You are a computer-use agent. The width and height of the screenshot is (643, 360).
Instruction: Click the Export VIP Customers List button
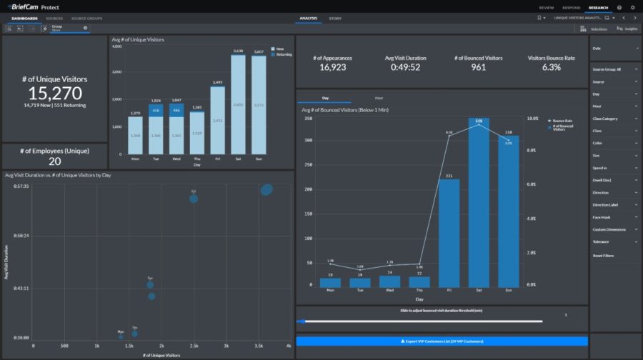pos(442,341)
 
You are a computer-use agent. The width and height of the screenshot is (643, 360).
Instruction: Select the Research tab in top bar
pos(597,7)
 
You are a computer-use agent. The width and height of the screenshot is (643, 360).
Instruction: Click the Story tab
pos(335,18)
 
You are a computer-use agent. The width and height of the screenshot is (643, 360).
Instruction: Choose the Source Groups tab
pos(86,18)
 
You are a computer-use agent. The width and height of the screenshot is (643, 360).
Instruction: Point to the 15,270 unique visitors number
pos(55,93)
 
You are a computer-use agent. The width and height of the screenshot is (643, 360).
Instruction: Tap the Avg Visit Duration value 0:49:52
pos(402,67)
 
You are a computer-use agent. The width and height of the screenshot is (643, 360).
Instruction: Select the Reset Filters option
pos(603,255)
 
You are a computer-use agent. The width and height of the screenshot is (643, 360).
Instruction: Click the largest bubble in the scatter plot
pos(266,189)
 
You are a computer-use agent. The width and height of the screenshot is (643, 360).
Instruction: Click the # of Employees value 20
pos(55,161)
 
